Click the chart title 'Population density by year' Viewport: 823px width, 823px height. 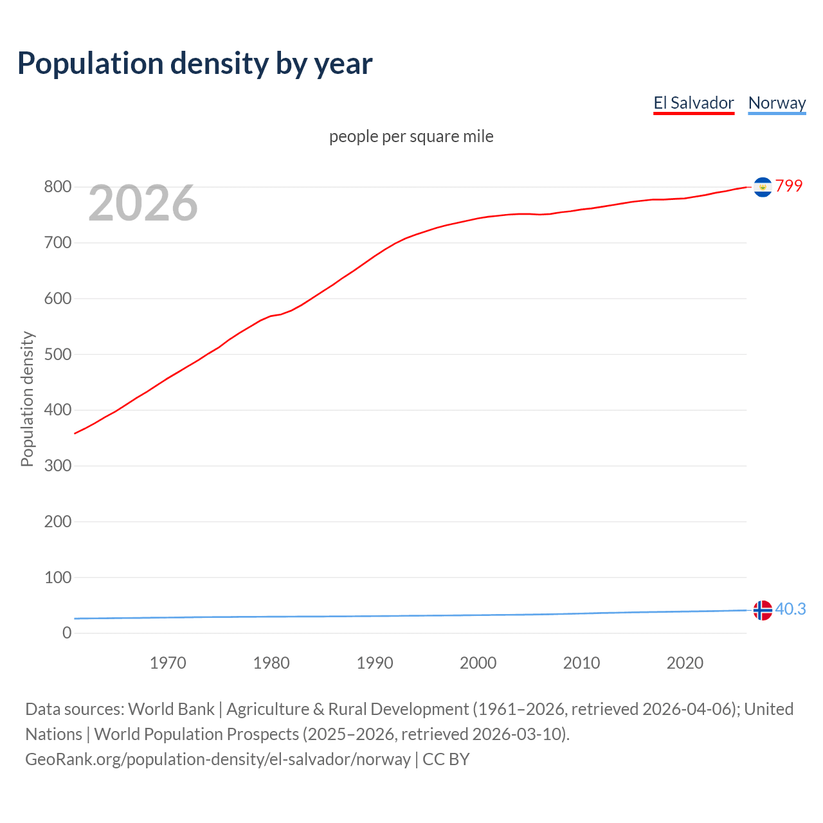pyautogui.click(x=195, y=63)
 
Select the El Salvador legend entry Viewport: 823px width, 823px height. pyautogui.click(x=693, y=103)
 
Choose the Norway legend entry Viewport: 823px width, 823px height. pyautogui.click(x=777, y=103)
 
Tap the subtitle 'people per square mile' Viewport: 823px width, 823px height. pyautogui.click(x=411, y=136)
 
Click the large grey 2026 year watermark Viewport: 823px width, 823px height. pyautogui.click(x=143, y=203)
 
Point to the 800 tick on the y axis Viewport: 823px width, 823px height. pyautogui.click(x=57, y=187)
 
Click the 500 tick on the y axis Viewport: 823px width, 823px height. pyautogui.click(x=57, y=354)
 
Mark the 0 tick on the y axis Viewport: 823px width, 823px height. pyautogui.click(x=67, y=633)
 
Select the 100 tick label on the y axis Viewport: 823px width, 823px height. pyautogui.click(x=57, y=577)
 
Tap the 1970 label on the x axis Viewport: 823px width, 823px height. pyautogui.click(x=168, y=663)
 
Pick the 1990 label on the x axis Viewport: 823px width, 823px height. pyautogui.click(x=375, y=663)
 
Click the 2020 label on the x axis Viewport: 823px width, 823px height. pyautogui.click(x=685, y=663)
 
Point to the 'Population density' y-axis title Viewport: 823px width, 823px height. pyautogui.click(x=27, y=399)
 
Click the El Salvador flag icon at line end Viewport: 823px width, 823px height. pyautogui.click(x=763, y=187)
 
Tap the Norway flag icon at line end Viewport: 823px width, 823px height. pyautogui.click(x=763, y=610)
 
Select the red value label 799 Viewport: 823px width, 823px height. pyautogui.click(x=789, y=186)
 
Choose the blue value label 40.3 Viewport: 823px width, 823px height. pyautogui.click(x=790, y=609)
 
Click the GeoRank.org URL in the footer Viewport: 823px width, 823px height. pyautogui.click(x=217, y=759)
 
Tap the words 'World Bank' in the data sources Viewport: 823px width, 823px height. pyautogui.click(x=171, y=709)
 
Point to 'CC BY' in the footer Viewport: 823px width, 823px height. pyautogui.click(x=446, y=759)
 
